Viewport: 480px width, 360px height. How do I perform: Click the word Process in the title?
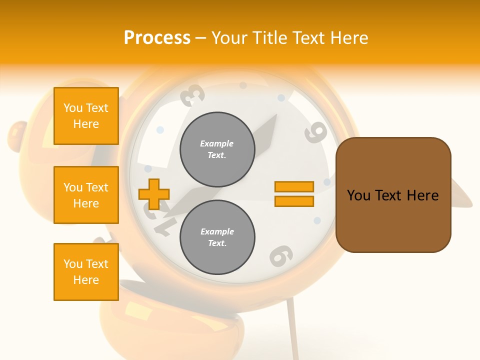point(157,38)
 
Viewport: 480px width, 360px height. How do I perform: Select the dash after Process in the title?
point(201,38)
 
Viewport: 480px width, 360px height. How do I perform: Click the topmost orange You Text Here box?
point(86,116)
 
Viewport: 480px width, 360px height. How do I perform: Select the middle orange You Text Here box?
point(86,195)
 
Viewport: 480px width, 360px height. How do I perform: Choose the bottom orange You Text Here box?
point(86,272)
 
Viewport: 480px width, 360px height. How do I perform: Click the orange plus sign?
point(154,194)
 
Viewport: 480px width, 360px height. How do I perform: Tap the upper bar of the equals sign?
point(294,186)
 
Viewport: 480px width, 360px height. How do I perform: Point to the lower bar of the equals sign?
point(294,201)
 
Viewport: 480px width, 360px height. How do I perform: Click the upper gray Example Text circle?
point(217,149)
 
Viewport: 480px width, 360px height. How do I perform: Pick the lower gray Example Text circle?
point(217,237)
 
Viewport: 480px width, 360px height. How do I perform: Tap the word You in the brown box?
point(358,195)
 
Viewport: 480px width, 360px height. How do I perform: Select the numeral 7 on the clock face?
point(162,226)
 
